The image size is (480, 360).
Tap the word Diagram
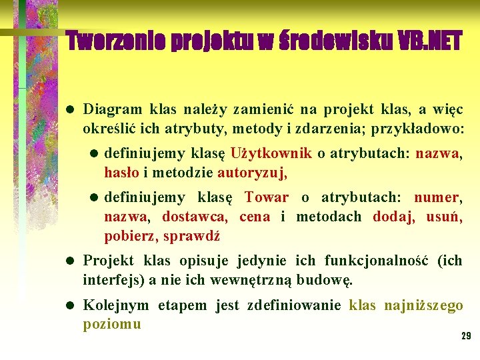click(113, 109)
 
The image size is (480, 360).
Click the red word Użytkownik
click(271, 153)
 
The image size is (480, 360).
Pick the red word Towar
click(267, 197)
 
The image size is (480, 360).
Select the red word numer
click(435, 197)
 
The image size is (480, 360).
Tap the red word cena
click(255, 217)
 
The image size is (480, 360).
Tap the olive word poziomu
click(112, 325)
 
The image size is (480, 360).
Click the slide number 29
click(466, 335)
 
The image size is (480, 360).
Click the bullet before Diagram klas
click(70, 109)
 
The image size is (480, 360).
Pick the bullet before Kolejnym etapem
click(70, 306)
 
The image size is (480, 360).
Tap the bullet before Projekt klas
click(70, 261)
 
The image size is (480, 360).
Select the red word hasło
click(121, 173)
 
